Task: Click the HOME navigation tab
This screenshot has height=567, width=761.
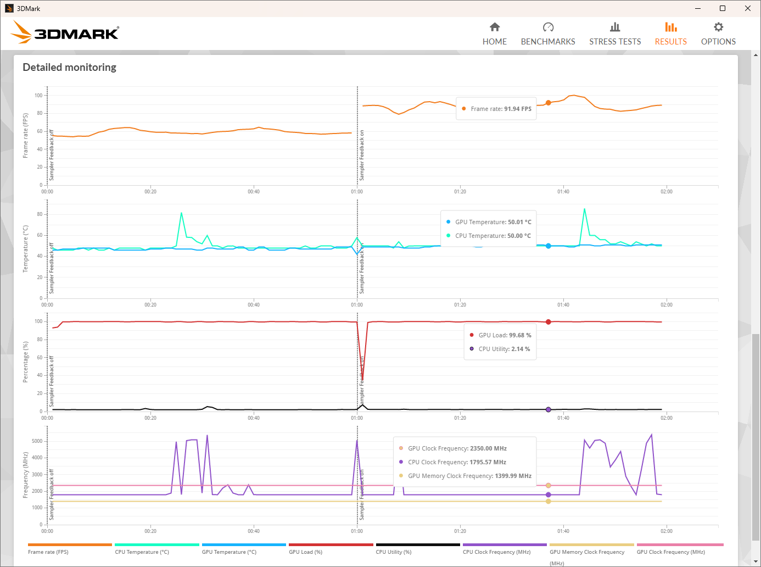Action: pos(495,34)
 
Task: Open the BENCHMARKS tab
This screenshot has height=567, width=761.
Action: pos(548,34)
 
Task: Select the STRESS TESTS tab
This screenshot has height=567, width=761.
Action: pos(615,34)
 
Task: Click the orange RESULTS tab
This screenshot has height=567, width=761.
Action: pos(670,34)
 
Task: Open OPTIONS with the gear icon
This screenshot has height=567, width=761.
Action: pos(718,34)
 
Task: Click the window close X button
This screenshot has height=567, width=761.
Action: pos(748,8)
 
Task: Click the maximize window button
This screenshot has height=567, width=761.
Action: pos(723,8)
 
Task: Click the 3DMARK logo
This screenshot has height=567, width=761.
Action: pos(65,32)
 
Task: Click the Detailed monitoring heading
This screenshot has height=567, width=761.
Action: pos(70,68)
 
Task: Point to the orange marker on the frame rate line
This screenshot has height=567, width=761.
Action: pos(548,103)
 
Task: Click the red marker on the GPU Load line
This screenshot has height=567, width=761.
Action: pos(548,322)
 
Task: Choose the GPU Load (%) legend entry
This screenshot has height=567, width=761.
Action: pos(306,552)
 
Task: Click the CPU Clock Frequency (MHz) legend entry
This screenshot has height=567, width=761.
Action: pos(497,552)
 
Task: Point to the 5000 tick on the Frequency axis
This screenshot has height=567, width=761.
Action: pos(37,441)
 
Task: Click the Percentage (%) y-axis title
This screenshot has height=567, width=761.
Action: pos(25,362)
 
